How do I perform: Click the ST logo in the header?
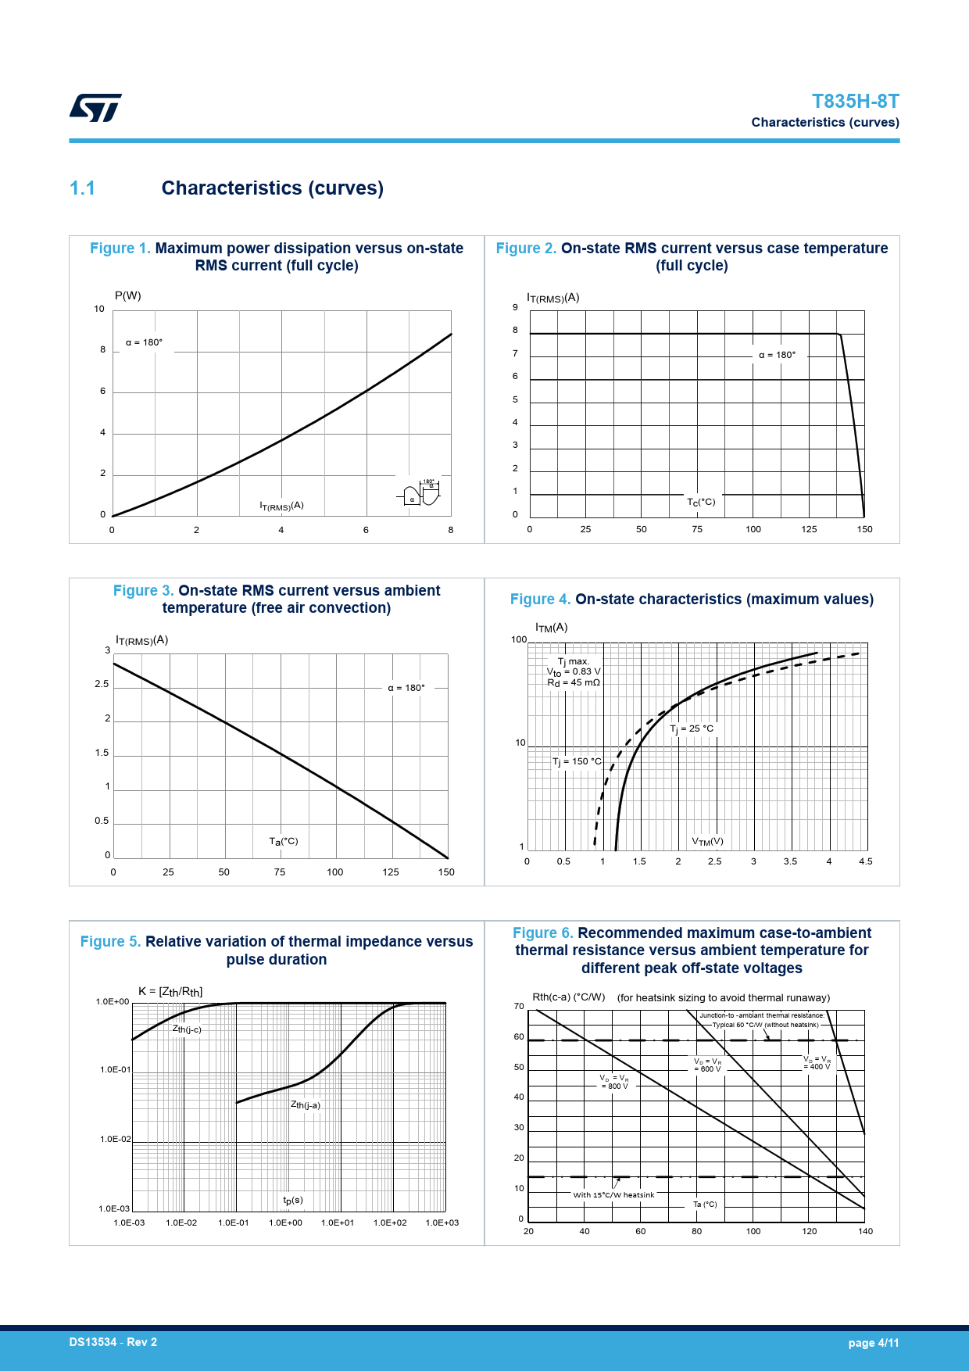95,108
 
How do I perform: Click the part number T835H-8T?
855,102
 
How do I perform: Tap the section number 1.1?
82,188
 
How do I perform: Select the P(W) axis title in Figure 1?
128,295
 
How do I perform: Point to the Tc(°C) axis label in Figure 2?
701,502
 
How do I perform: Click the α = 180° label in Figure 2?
777,355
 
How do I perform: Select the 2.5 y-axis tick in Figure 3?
102,684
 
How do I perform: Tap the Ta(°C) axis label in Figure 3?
284,841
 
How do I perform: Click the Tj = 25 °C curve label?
692,728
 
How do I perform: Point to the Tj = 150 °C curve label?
577,761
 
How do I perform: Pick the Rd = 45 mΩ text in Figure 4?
574,682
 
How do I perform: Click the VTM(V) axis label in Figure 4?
707,842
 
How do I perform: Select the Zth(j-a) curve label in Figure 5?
306,1104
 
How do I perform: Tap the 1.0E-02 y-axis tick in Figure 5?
115,1140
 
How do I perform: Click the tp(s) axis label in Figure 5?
293,1200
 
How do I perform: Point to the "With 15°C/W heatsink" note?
613,1194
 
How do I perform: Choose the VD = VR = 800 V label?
614,1082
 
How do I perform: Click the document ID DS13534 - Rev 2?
113,1342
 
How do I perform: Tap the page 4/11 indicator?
874,1343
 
